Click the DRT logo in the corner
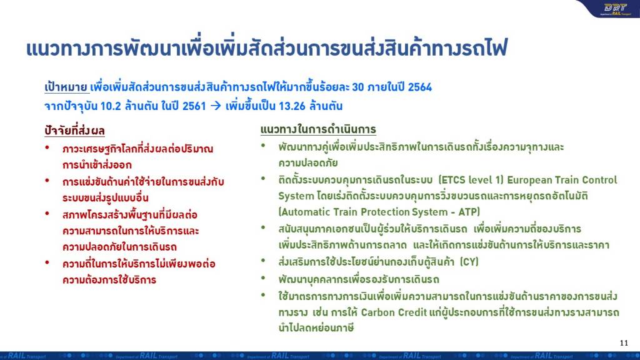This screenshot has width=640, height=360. (x=615, y=9)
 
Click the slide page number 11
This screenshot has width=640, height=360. (x=624, y=343)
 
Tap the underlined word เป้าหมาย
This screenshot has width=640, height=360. (x=66, y=87)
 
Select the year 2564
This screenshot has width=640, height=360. (x=419, y=87)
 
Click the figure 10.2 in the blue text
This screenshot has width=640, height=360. (x=111, y=106)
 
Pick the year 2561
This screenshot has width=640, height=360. (x=194, y=106)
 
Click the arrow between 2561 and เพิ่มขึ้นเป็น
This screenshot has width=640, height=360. (x=216, y=106)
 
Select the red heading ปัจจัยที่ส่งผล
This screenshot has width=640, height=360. (x=75, y=131)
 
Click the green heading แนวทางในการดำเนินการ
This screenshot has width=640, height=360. (x=318, y=129)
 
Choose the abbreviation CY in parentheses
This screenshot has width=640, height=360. (x=469, y=262)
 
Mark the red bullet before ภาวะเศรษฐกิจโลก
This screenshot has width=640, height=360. (x=47, y=147)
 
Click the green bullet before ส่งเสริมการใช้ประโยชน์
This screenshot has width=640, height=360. (x=263, y=260)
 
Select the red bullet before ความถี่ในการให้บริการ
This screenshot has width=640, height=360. (x=47, y=262)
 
